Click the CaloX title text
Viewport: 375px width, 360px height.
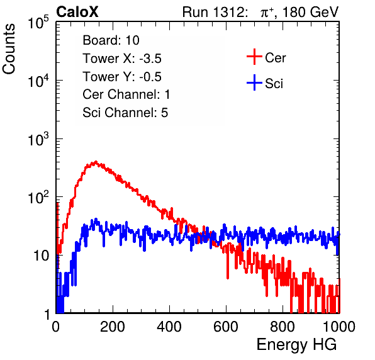pyautogui.click(x=77, y=12)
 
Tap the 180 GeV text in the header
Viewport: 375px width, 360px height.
pyautogui.click(x=310, y=12)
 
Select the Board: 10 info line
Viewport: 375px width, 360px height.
pyautogui.click(x=111, y=40)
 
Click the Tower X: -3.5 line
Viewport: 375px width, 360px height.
pyautogui.click(x=122, y=59)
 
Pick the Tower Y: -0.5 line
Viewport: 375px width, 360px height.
pyautogui.click(x=122, y=77)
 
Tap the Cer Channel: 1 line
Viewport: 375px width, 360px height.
pyautogui.click(x=126, y=94)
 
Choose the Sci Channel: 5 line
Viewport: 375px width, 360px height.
pyautogui.click(x=125, y=113)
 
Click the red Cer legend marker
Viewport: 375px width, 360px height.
pyautogui.click(x=254, y=57)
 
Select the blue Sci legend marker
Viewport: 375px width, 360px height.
pyautogui.click(x=254, y=83)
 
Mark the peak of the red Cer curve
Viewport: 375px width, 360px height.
pyautogui.click(x=96, y=162)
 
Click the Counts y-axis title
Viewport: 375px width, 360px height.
pyautogui.click(x=9, y=49)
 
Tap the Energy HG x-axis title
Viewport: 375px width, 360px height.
pyautogui.click(x=296, y=345)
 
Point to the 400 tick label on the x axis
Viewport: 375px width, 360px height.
pyautogui.click(x=169, y=327)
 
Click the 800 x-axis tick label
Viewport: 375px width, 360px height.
pyautogui.click(x=283, y=327)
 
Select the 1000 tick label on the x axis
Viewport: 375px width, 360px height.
pyautogui.click(x=339, y=327)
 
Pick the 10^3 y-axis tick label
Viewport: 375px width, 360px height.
pyautogui.click(x=38, y=138)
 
